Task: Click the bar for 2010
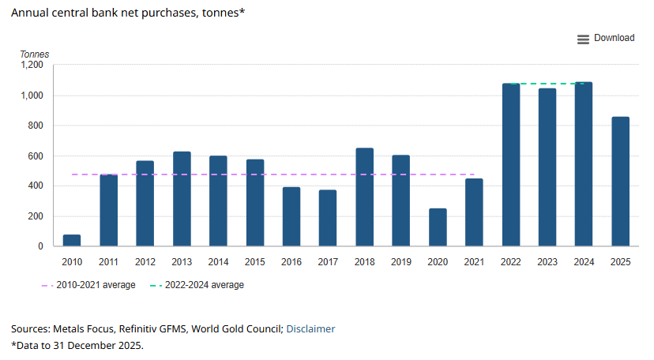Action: pyautogui.click(x=72, y=241)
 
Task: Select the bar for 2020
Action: pyautogui.click(x=438, y=227)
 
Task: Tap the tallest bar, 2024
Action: pyautogui.click(x=584, y=163)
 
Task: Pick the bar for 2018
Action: pyautogui.click(x=365, y=197)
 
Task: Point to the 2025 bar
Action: pyautogui.click(x=620, y=182)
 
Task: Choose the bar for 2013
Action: pyautogui.click(x=182, y=199)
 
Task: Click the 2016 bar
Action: pyautogui.click(x=291, y=216)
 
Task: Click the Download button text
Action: pyautogui.click(x=614, y=38)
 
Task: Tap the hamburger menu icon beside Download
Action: pyautogui.click(x=583, y=39)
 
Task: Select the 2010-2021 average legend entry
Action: pyautogui.click(x=88, y=285)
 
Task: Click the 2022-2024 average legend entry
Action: pyautogui.click(x=197, y=285)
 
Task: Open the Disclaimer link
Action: pyautogui.click(x=310, y=328)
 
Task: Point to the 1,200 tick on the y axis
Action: pyautogui.click(x=32, y=65)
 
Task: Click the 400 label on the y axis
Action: pyautogui.click(x=36, y=186)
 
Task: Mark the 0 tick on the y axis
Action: pyautogui.click(x=40, y=246)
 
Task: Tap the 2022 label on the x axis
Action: pyautogui.click(x=510, y=262)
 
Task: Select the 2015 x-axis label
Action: pyautogui.click(x=254, y=262)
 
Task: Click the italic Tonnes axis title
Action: pyautogui.click(x=35, y=54)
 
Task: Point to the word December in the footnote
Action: pyautogui.click(x=87, y=346)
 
